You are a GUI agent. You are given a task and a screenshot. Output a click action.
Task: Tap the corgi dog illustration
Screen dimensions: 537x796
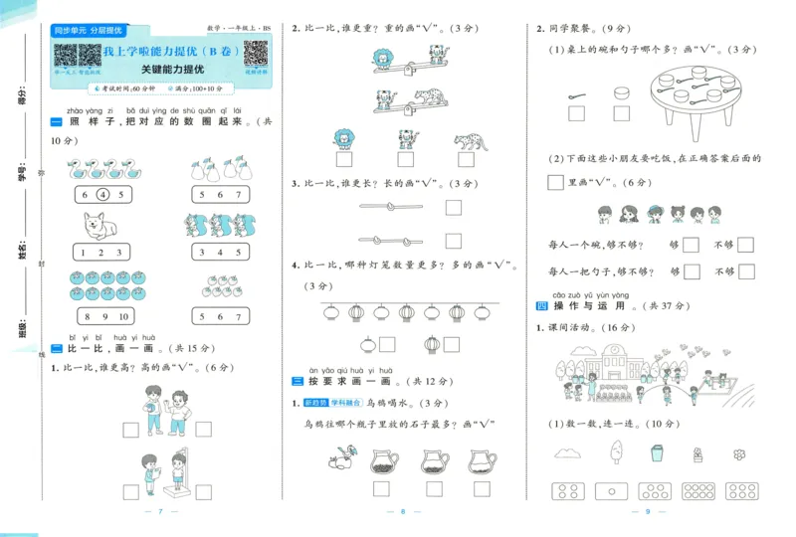102,226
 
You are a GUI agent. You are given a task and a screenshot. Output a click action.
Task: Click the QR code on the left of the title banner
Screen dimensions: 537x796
66,54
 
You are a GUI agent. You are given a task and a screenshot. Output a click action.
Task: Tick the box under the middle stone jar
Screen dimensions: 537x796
429,488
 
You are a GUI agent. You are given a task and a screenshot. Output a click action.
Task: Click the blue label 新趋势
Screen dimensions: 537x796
316,403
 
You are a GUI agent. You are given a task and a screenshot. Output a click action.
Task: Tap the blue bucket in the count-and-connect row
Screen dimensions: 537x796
656,453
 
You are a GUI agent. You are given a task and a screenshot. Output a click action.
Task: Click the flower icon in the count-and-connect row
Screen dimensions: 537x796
739,454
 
